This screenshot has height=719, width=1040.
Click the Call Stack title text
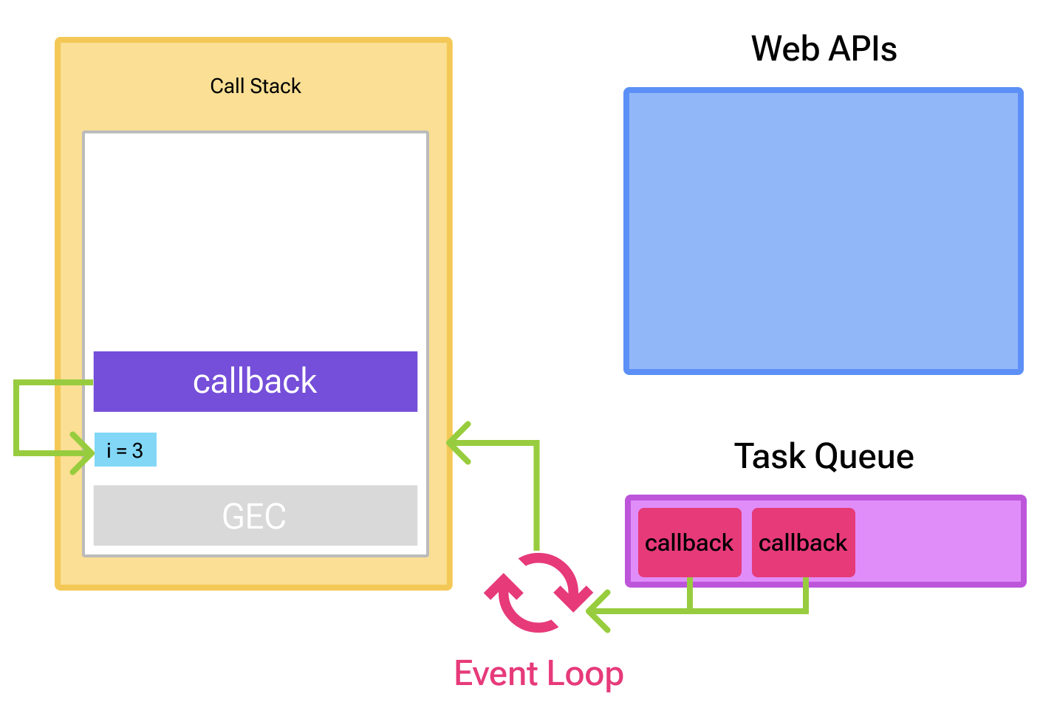(x=256, y=86)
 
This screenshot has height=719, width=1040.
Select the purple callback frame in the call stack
(x=256, y=382)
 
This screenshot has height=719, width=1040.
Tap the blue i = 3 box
(x=126, y=450)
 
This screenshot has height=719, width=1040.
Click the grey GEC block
(x=256, y=515)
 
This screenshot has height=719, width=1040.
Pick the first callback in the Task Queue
(x=689, y=543)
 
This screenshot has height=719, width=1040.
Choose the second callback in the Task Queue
(x=803, y=543)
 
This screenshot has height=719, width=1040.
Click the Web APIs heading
(x=824, y=49)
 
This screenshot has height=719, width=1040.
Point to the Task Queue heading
(x=824, y=456)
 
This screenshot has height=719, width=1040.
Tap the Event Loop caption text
(x=538, y=674)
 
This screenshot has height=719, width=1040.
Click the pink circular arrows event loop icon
(x=538, y=593)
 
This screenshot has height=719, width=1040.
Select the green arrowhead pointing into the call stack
(x=458, y=443)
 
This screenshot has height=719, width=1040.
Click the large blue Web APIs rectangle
(x=824, y=231)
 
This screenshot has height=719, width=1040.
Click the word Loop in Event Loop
(x=584, y=674)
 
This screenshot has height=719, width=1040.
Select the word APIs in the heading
(x=862, y=49)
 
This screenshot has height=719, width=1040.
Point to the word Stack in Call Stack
(x=276, y=86)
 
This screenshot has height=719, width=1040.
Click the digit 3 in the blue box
(x=137, y=450)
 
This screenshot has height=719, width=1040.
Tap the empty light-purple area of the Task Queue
(x=938, y=541)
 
